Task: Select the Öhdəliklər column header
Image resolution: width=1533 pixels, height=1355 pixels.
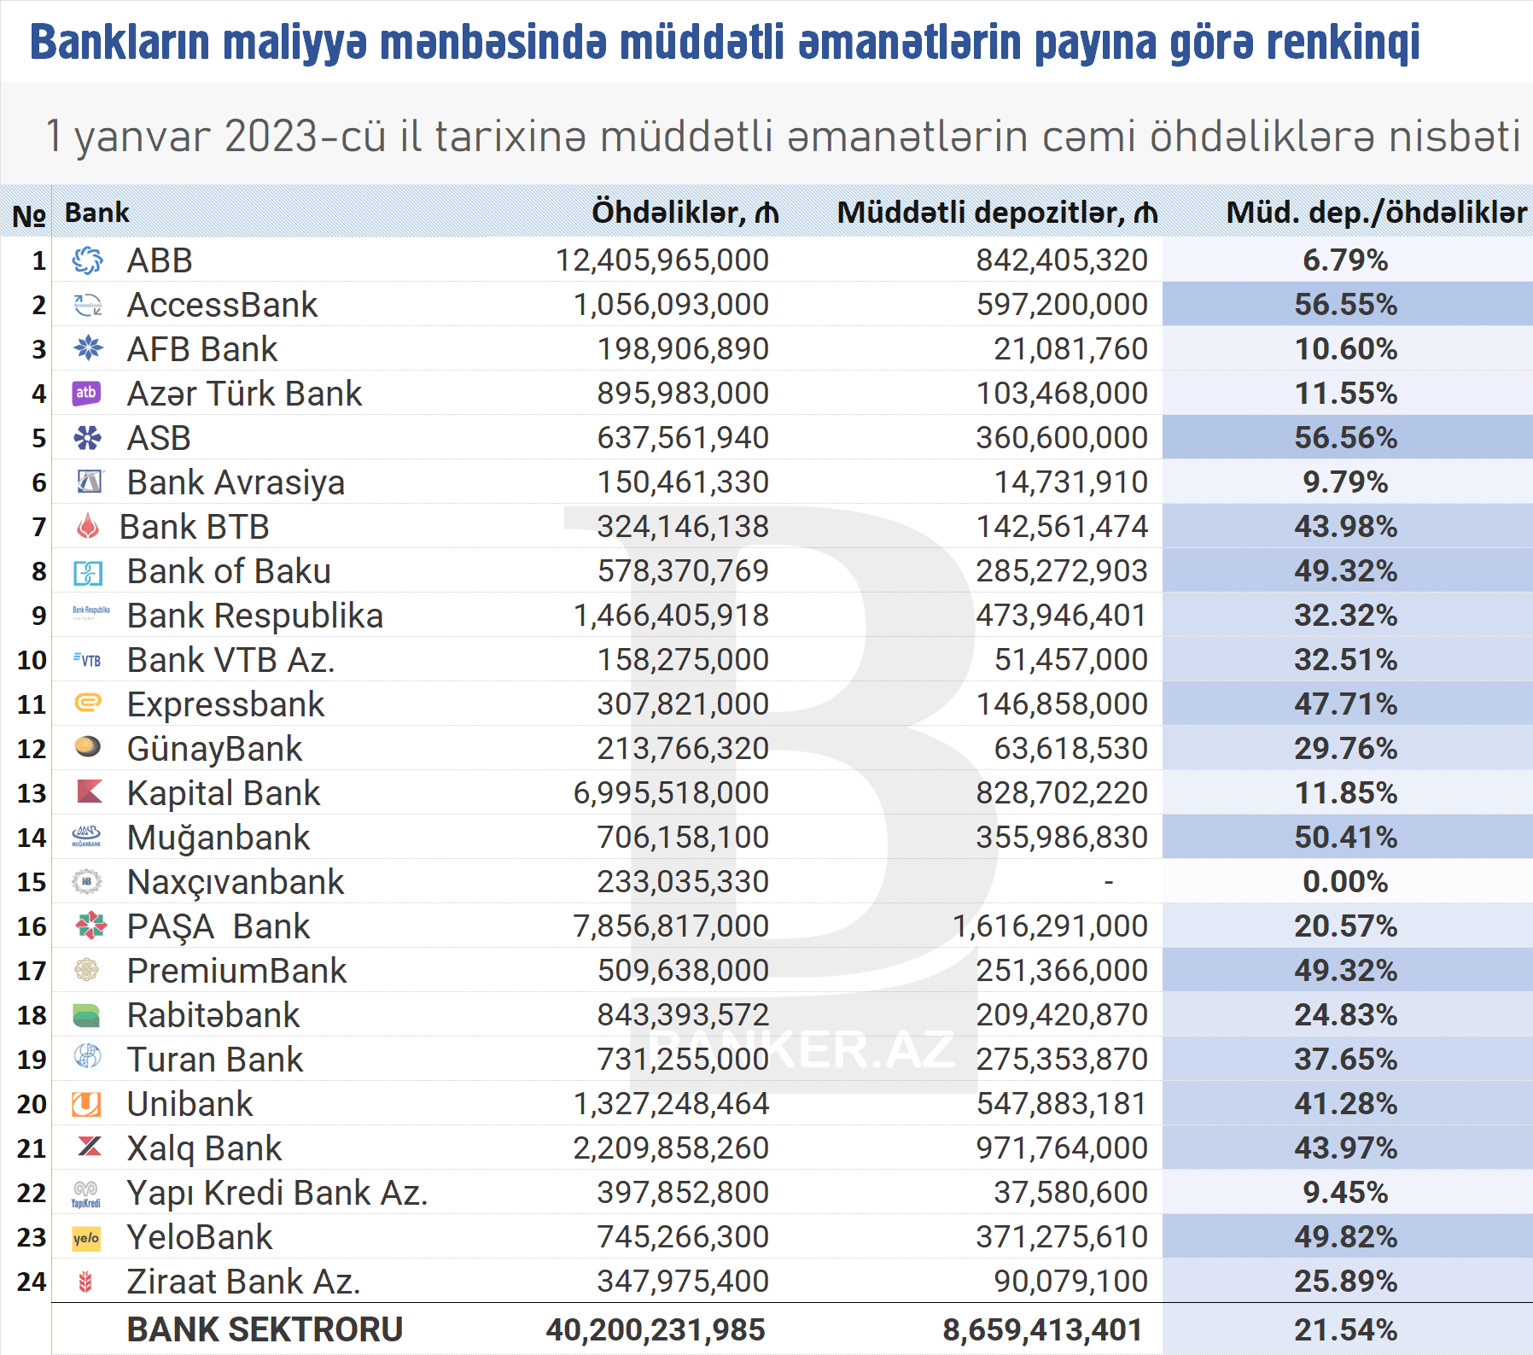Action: coord(685,213)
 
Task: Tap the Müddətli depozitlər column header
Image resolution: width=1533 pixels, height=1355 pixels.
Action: coord(996,213)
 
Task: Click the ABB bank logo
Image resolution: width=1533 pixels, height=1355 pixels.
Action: coord(87,260)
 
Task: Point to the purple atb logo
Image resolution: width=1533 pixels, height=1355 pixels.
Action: coord(86,393)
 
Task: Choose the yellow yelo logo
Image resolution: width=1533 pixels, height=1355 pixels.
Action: coord(86,1238)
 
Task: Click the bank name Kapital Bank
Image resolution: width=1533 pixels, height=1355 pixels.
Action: coord(223,793)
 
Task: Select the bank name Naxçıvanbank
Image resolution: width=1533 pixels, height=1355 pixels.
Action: coord(235,882)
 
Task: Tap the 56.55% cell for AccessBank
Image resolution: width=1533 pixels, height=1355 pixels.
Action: coord(1345,305)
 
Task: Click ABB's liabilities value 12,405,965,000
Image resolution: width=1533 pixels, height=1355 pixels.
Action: coord(662,260)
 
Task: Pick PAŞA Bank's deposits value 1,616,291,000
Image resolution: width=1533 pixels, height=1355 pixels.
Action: coord(1050,926)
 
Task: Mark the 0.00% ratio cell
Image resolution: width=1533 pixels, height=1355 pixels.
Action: coord(1345,882)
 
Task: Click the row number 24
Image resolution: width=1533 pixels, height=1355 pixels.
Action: coord(32,1282)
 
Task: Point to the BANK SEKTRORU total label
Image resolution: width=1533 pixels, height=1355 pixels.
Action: coord(265,1329)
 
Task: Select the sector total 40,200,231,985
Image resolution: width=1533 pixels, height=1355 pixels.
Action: coord(656,1329)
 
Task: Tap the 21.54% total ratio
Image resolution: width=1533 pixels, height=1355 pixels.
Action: coord(1345,1329)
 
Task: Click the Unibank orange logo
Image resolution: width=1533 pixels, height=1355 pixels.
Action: coord(86,1104)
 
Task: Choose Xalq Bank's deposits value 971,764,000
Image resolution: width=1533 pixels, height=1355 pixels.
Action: coord(1062,1148)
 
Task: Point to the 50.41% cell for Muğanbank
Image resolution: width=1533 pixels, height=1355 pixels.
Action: coord(1345,838)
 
